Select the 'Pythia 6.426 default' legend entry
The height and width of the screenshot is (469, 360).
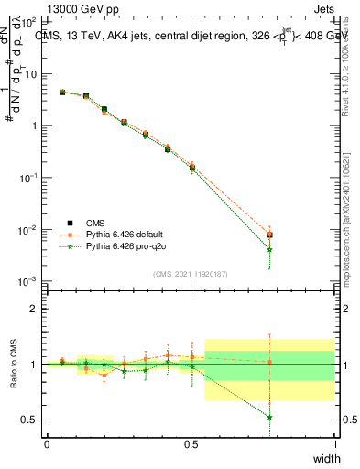(126, 234)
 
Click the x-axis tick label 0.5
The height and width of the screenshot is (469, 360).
(191, 444)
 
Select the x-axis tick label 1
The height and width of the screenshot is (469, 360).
(334, 444)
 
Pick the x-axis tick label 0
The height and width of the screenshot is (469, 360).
(47, 444)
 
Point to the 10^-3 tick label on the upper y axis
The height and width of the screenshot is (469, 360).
(29, 281)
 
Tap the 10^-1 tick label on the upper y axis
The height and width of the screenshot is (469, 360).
(29, 178)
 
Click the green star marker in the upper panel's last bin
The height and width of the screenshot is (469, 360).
(269, 249)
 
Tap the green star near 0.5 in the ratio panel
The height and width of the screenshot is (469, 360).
(269, 417)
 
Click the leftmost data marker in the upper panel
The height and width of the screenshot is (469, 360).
(61, 92)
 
